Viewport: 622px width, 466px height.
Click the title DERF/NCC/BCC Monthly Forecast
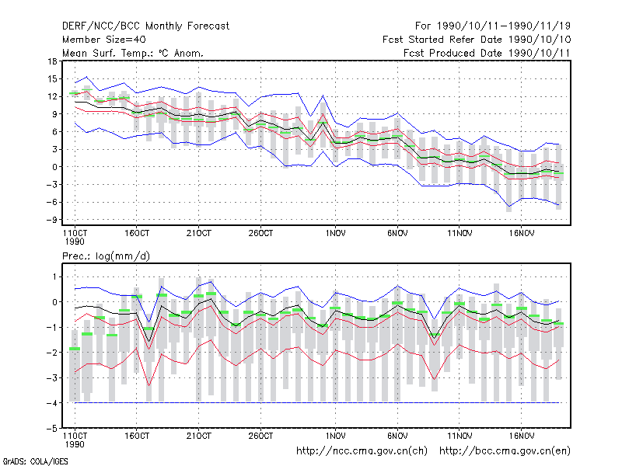coord(145,26)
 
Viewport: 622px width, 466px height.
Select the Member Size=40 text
coord(104,40)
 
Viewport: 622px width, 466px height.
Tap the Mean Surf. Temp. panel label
coord(132,53)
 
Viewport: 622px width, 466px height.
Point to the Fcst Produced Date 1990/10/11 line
coord(487,53)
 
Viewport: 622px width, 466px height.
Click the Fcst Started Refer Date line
coord(477,40)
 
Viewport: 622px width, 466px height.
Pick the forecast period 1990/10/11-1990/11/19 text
coord(493,26)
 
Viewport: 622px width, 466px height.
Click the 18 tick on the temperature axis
coord(52,61)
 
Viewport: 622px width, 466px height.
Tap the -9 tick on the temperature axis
coord(51,220)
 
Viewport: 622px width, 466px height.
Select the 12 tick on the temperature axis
coord(52,96)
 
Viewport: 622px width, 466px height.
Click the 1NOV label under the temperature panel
coord(336,234)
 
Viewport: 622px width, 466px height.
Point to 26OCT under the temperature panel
coord(260,234)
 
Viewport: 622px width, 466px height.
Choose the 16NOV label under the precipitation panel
coord(522,436)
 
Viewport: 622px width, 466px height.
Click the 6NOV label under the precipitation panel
coord(397,436)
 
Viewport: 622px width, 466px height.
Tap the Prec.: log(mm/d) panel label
coord(106,256)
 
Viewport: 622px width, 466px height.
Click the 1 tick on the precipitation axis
coord(54,277)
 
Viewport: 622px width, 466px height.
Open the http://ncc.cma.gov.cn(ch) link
coord(362,451)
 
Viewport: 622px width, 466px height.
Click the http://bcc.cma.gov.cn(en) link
coord(505,451)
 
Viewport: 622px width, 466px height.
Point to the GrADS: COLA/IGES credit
coord(35,461)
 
